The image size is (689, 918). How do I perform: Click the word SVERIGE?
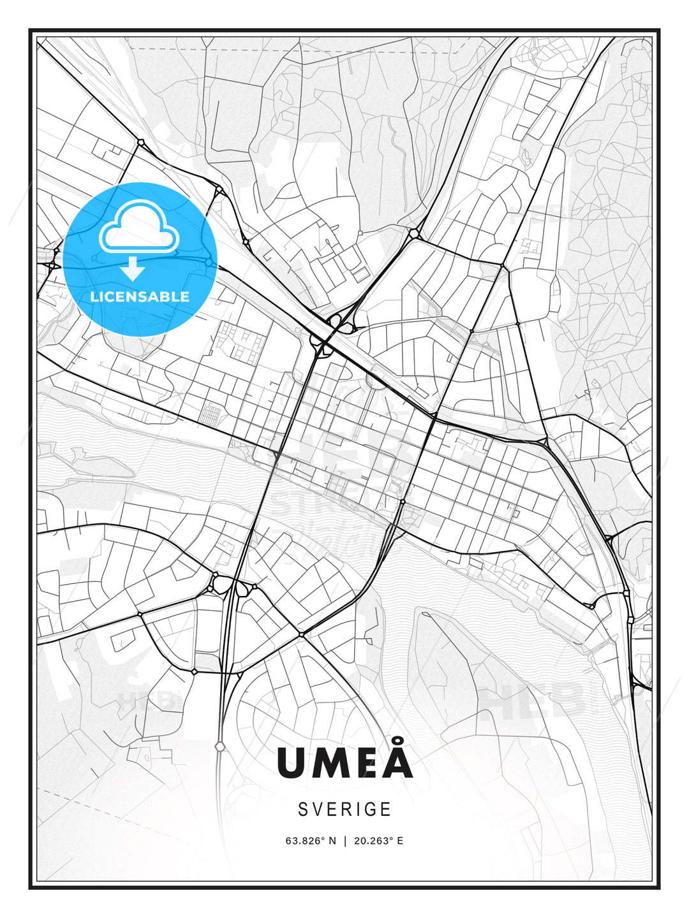[x=344, y=810]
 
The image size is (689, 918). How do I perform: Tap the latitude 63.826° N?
[x=310, y=841]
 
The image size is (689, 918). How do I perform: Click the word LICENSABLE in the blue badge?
[x=140, y=296]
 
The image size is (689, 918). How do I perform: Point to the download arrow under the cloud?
[x=133, y=268]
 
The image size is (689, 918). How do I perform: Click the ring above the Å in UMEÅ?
[x=397, y=741]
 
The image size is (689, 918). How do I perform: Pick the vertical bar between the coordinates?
[x=345, y=841]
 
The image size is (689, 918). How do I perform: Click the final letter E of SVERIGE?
[x=387, y=810]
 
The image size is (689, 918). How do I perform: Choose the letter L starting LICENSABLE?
[x=94, y=296]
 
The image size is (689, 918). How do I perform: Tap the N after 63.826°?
[x=332, y=841]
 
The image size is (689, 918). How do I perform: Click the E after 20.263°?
[x=400, y=841]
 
